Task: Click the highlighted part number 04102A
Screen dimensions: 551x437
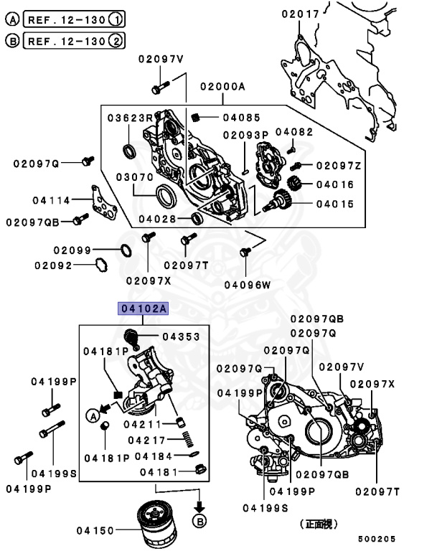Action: (x=144, y=309)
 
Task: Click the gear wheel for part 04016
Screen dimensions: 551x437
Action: (x=293, y=184)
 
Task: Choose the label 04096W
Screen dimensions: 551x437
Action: (x=247, y=284)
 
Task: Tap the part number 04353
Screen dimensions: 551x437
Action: (x=180, y=336)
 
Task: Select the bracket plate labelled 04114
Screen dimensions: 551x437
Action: (x=103, y=203)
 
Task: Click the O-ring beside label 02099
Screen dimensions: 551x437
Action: (x=123, y=250)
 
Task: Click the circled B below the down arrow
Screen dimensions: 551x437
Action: (x=199, y=520)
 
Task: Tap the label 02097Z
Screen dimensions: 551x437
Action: (x=339, y=166)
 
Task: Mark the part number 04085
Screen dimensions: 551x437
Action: (x=238, y=118)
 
